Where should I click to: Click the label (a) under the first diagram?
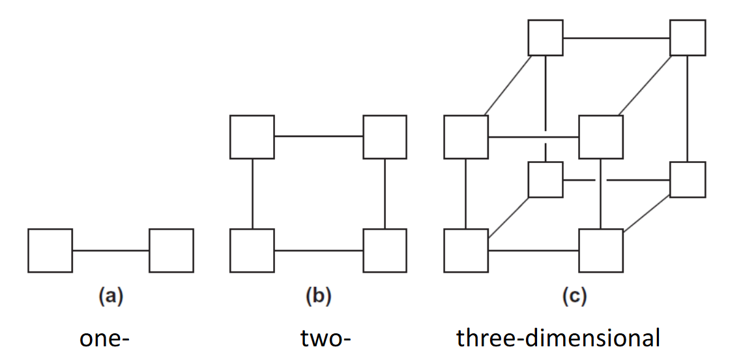pyautogui.click(x=111, y=297)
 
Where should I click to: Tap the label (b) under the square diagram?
pyautogui.click(x=319, y=297)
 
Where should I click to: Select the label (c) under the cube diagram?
pyautogui.click(x=574, y=297)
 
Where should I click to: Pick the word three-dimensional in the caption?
pyautogui.click(x=559, y=339)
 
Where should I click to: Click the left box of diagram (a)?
pyautogui.click(x=50, y=250)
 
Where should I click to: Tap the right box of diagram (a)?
pyautogui.click(x=171, y=250)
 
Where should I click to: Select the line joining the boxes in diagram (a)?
pyautogui.click(x=111, y=250)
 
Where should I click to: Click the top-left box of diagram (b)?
pyautogui.click(x=252, y=137)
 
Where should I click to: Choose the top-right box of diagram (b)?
pyautogui.click(x=385, y=137)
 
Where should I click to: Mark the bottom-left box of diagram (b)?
pyautogui.click(x=252, y=250)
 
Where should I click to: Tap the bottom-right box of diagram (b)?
pyautogui.click(x=385, y=250)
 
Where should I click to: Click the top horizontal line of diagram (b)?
pyautogui.click(x=318, y=137)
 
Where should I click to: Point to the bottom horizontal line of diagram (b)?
pyautogui.click(x=318, y=250)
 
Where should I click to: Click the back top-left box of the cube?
pyautogui.click(x=546, y=38)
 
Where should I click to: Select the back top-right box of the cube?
pyautogui.click(x=688, y=38)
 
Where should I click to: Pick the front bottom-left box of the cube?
pyautogui.click(x=466, y=250)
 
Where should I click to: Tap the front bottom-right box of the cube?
pyautogui.click(x=601, y=250)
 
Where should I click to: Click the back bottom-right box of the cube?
pyautogui.click(x=688, y=179)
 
